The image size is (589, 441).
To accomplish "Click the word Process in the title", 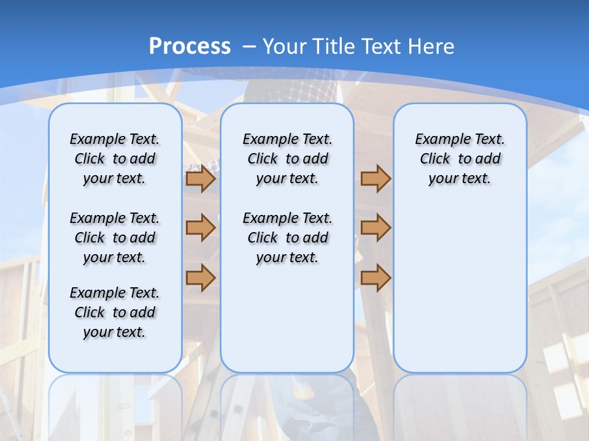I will tap(190, 46).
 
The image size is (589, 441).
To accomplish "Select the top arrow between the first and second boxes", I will tap(201, 179).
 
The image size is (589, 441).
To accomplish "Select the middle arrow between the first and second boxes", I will tap(201, 228).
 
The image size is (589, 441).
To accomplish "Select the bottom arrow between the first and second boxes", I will tap(201, 277).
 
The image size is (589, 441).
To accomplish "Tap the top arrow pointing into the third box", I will tap(375, 179).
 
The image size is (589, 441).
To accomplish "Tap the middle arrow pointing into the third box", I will tap(375, 228).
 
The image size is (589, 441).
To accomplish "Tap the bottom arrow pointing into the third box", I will tap(375, 277).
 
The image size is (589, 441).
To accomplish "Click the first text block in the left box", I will tap(115, 159).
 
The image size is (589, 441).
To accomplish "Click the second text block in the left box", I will tap(115, 238).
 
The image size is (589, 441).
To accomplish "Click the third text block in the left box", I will tap(115, 312).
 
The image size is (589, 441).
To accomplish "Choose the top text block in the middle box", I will tap(287, 159).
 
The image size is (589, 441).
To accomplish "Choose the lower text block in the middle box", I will tap(287, 238).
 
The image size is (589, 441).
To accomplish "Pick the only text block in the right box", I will tap(460, 159).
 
